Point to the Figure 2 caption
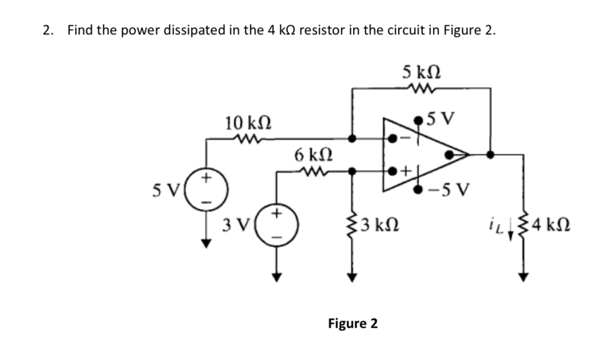[353, 323]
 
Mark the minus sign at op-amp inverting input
[403, 139]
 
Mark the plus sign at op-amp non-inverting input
[404, 171]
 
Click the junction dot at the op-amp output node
[489, 155]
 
